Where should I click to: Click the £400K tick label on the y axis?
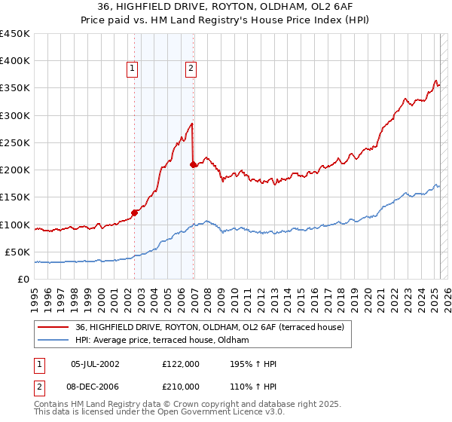[15, 61]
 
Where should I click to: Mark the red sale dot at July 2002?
[135, 213]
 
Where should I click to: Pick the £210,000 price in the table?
[181, 386]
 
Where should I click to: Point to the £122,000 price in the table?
[181, 364]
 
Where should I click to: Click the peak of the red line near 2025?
[435, 81]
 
